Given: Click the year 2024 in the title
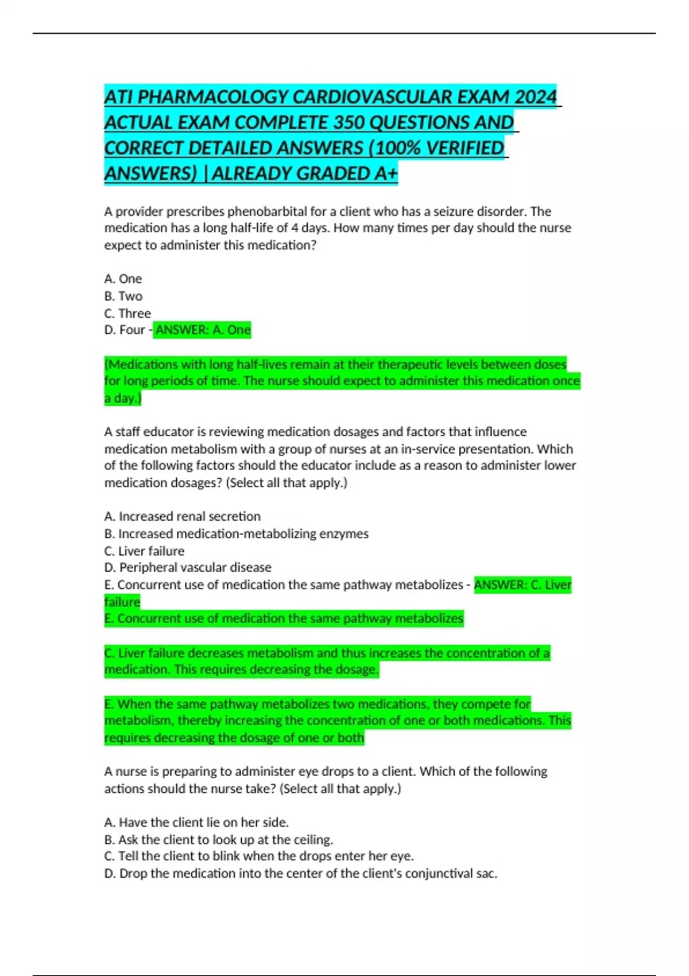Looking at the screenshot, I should (x=535, y=96).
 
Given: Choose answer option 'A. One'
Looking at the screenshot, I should (x=123, y=279).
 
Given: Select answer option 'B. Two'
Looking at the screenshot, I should (x=123, y=296).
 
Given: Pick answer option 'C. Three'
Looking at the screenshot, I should (x=127, y=313).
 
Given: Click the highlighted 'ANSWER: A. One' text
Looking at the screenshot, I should (x=203, y=330).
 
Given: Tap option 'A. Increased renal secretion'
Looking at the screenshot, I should (x=183, y=516).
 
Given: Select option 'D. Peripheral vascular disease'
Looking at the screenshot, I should (x=188, y=567).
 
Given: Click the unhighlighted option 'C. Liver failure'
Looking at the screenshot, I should (x=144, y=551).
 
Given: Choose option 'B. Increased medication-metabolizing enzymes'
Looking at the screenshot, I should (x=236, y=533).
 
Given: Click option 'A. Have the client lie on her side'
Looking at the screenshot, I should (x=196, y=822).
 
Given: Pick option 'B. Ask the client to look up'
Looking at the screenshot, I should (x=218, y=839).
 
